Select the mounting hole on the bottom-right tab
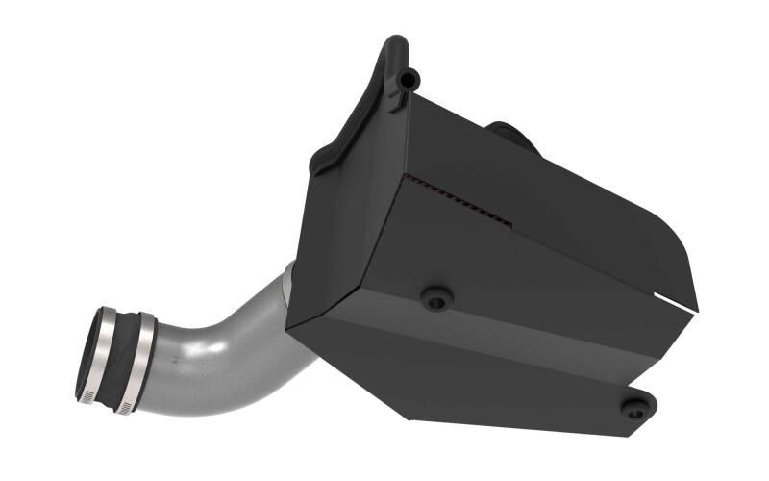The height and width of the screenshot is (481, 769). tap(633, 407)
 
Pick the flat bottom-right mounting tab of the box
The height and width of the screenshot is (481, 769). tap(625, 404)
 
